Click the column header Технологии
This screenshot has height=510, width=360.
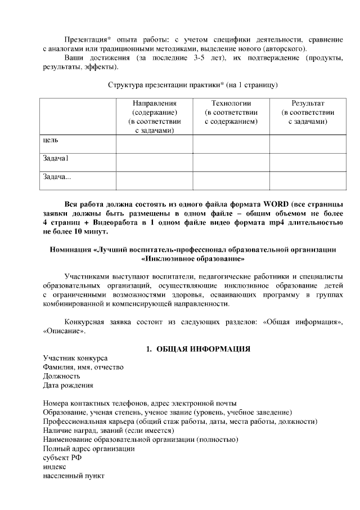coord(231,104)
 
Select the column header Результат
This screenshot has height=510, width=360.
coord(308,104)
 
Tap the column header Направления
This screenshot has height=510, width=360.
coord(154,104)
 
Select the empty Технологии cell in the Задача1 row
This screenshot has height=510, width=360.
coord(231,162)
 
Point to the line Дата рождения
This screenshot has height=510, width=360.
coord(68,386)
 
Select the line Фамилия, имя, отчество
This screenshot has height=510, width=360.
coord(83,368)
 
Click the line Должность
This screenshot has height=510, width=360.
coord(62,377)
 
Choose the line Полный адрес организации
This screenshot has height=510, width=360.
coord(89,449)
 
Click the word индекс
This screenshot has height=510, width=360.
coord(55,467)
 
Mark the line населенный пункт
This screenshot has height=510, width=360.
coord(73,476)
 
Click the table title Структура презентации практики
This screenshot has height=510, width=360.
coord(165,84)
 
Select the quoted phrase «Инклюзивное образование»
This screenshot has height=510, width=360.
coord(193,260)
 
